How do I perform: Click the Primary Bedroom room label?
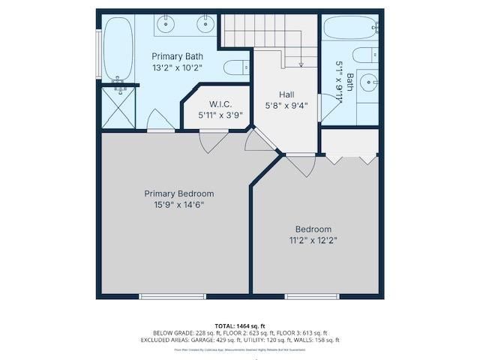coord(178,193)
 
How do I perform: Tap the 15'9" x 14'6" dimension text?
coord(178,204)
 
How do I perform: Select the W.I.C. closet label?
coord(220,104)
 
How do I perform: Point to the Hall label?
coord(286,94)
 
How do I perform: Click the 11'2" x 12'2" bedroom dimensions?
coord(313,240)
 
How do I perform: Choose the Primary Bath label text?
coord(177,56)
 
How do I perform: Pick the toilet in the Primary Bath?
coord(236,67)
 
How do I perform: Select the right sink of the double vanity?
coord(205,24)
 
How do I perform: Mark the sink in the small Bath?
coord(367,82)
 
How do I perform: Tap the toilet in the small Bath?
coord(365,55)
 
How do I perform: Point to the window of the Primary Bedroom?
coord(172,297)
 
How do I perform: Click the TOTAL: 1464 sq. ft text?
coord(241,325)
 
